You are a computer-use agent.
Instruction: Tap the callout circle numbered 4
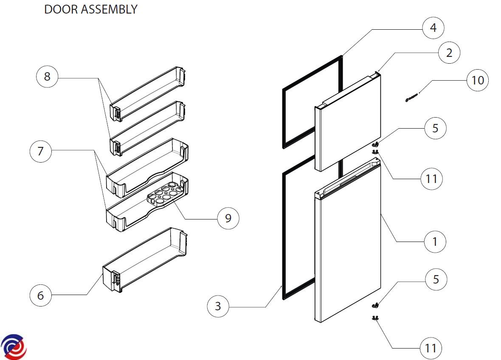(x=433, y=28)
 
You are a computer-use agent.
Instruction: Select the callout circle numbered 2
(x=449, y=53)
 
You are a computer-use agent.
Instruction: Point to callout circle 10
(x=478, y=80)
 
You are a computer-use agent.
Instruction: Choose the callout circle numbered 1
(x=435, y=242)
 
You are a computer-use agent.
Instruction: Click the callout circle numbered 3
(x=218, y=306)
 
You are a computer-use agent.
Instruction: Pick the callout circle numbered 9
(x=228, y=218)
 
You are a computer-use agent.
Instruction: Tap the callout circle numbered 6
(x=40, y=295)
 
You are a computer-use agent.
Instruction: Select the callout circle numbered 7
(x=40, y=151)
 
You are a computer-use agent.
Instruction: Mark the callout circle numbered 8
(x=47, y=76)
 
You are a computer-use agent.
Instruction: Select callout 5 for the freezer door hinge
(x=435, y=128)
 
